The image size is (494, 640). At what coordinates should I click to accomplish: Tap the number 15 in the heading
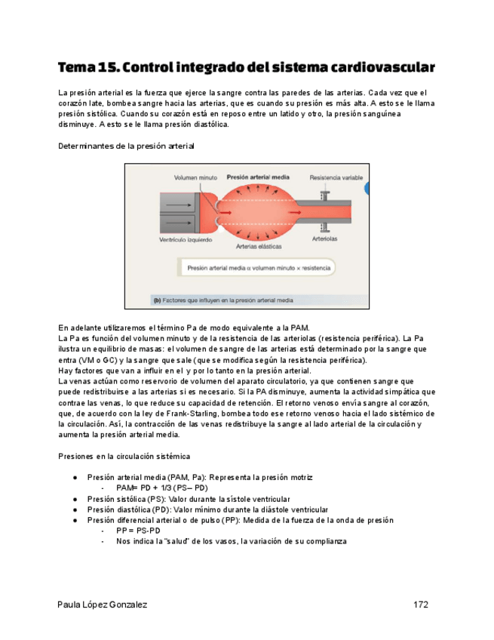107,67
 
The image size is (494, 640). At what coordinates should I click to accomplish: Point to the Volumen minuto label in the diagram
195,179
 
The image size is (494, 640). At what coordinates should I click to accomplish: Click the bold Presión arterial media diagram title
258,177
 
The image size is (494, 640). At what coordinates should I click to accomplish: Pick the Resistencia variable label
336,179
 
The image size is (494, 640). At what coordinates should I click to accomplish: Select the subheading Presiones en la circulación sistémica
124,457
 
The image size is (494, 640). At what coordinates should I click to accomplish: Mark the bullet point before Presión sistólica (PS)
75,500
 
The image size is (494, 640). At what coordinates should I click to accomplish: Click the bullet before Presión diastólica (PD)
75,510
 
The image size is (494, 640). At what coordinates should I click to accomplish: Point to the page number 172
421,605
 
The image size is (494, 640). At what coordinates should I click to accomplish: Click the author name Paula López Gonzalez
103,605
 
